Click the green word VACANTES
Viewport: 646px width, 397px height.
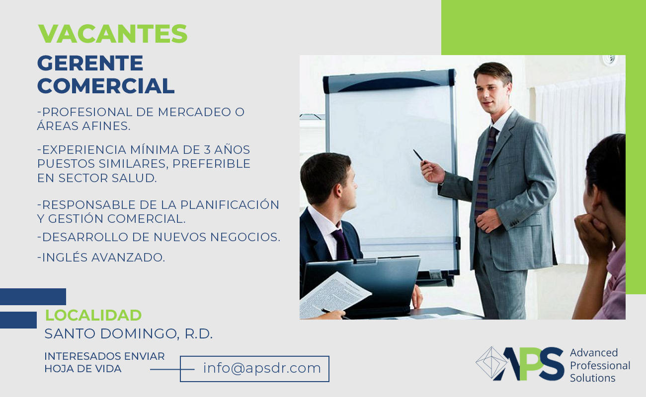(x=113, y=34)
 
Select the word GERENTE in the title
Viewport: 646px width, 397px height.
(x=90, y=64)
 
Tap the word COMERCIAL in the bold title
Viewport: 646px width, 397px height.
(x=106, y=86)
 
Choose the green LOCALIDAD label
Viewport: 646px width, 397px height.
(x=93, y=315)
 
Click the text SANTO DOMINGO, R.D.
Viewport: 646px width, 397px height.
(x=129, y=334)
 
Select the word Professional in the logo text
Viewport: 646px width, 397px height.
(x=600, y=366)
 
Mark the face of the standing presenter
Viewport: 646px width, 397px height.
(x=492, y=89)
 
